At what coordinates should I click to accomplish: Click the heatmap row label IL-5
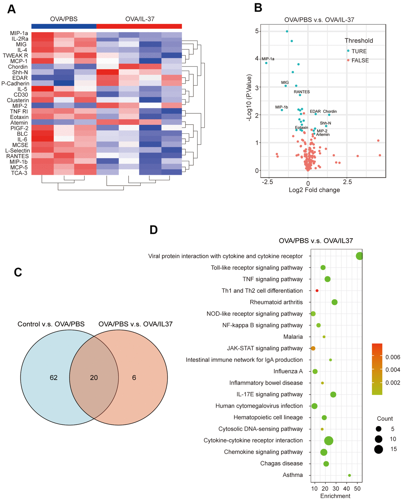coord(22,89)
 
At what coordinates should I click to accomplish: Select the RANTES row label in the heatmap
coord(17,156)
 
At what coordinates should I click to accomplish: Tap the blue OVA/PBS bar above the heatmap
coord(64,26)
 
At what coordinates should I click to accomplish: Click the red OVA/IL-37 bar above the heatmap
coord(139,26)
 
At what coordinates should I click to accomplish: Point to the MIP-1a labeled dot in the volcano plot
coord(266,63)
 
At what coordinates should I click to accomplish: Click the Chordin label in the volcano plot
coord(330,111)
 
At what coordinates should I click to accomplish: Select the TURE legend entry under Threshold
coord(358,51)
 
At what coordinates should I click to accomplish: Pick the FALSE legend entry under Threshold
coord(359,61)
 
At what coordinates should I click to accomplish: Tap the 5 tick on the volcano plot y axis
coord(257,31)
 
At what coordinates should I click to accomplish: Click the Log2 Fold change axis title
coord(314,190)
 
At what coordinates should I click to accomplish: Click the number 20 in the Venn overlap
coord(94,378)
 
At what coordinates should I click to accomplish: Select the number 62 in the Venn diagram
coord(54,378)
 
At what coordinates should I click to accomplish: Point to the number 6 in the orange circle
coord(134,378)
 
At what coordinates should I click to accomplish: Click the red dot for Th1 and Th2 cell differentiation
coord(317,291)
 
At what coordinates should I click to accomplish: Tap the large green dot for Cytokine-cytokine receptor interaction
coord(329,440)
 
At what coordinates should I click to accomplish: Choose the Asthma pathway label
coord(292,475)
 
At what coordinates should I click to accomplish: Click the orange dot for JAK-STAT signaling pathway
coord(313,348)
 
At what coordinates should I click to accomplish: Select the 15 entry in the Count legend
coord(393,449)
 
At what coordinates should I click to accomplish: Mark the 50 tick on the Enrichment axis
coord(357,489)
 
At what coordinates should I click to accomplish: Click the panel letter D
coord(153,230)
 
